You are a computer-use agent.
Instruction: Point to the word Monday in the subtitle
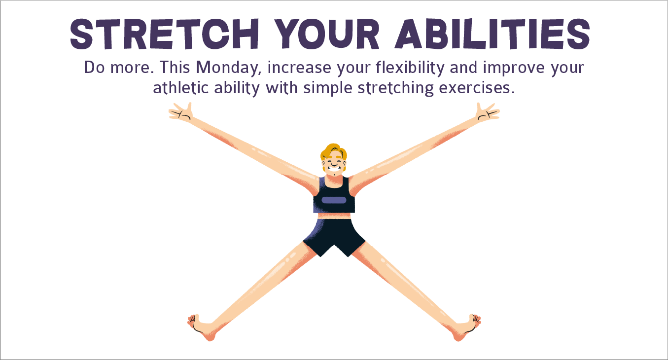pyautogui.click(x=231, y=68)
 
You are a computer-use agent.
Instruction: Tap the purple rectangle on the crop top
pyautogui.click(x=334, y=200)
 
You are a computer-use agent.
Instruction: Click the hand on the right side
pyautogui.click(x=488, y=112)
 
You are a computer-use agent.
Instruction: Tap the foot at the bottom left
pyautogui.click(x=202, y=326)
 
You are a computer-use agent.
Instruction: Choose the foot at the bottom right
pyautogui.click(x=466, y=326)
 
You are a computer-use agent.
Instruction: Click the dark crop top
pyautogui.click(x=334, y=195)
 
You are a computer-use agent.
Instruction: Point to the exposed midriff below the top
pyautogui.click(x=334, y=216)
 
